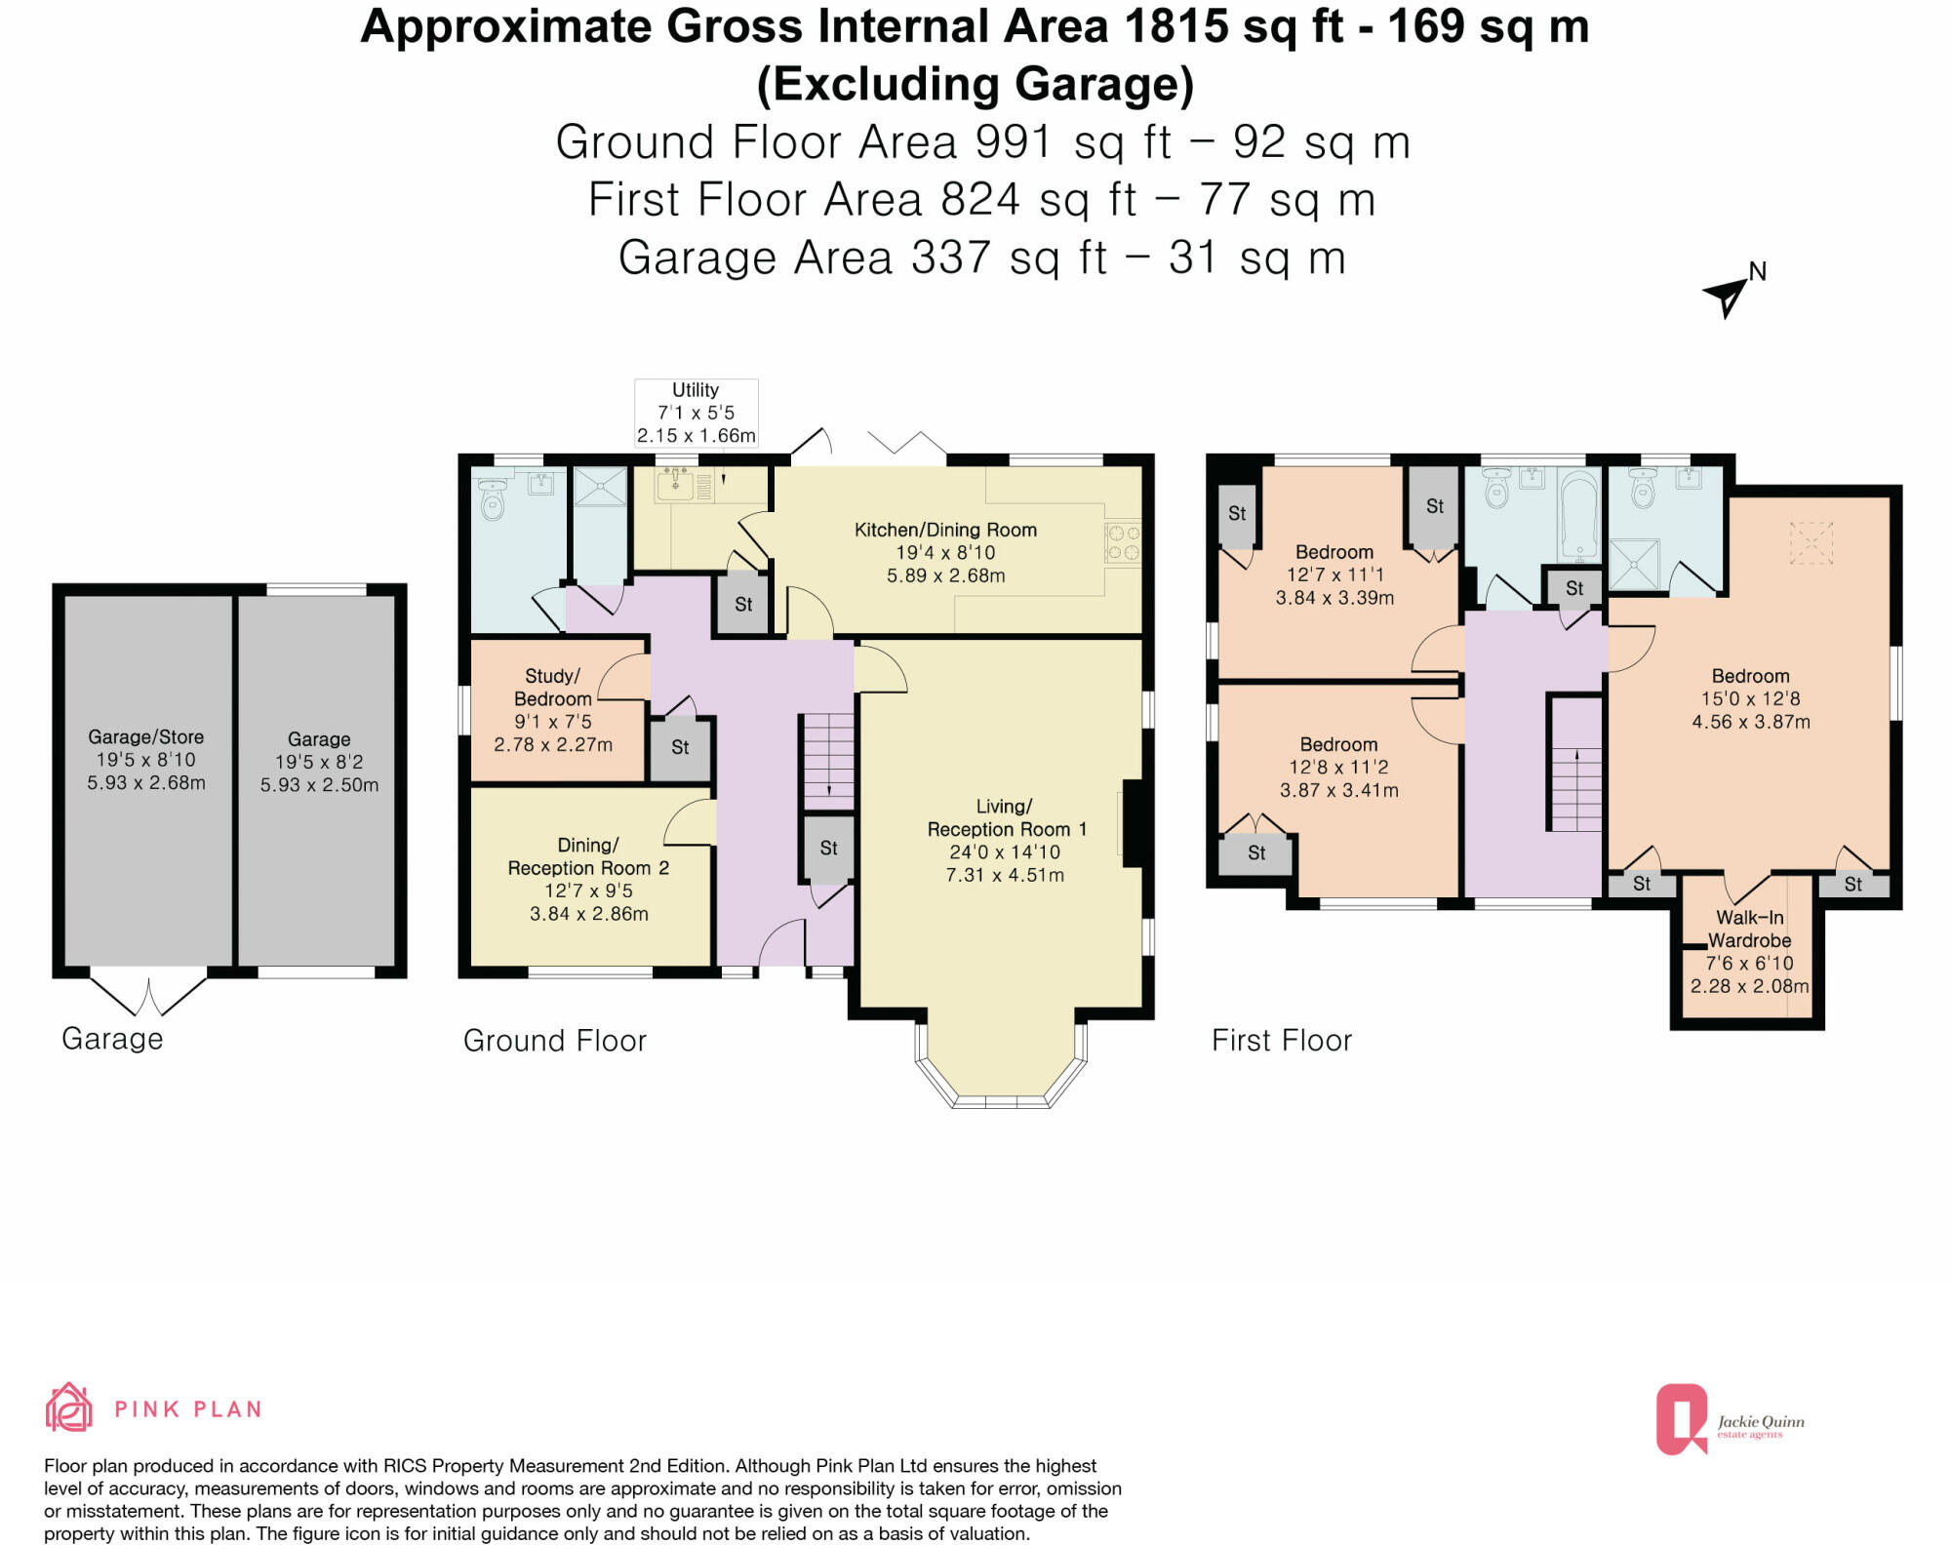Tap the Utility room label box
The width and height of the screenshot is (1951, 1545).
pos(696,413)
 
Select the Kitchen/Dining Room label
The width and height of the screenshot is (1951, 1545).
pos(945,530)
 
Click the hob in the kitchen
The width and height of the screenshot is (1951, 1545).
pos(1123,543)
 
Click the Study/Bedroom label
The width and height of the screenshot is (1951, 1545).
pos(552,687)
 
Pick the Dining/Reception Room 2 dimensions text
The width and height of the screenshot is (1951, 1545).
pos(588,902)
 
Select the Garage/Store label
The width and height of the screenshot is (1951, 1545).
pos(145,736)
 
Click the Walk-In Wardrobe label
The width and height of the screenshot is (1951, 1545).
pos(1750,929)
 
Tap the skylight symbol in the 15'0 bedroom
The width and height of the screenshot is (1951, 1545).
pos(1811,542)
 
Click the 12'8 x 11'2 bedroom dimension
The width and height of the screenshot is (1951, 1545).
pos(1338,778)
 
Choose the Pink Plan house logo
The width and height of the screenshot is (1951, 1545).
pos(68,1406)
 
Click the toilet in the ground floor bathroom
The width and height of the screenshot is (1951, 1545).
pos(494,499)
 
